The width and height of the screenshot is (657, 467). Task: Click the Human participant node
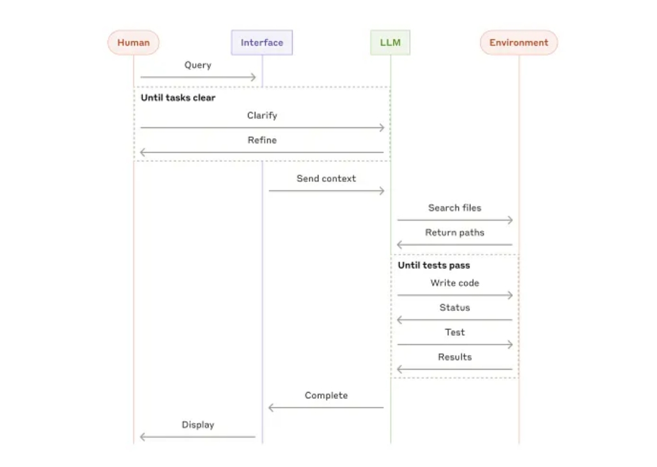[x=133, y=42]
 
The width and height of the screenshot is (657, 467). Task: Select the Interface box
[x=262, y=42]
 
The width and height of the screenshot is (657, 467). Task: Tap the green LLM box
[x=390, y=42]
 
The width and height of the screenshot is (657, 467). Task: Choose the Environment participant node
[x=519, y=42]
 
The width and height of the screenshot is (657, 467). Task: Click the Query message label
[x=198, y=66]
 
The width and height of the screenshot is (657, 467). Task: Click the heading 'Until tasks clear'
[x=178, y=97]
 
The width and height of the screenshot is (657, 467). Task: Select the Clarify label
[x=262, y=115]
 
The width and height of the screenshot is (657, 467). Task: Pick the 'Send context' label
[x=326, y=178]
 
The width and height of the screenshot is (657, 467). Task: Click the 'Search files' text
[x=454, y=208]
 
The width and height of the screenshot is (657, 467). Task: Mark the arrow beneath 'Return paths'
[x=454, y=245]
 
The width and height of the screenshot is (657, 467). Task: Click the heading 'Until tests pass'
[x=434, y=265]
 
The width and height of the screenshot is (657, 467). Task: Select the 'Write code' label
[x=454, y=283]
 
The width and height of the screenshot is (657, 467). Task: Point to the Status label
[x=454, y=308]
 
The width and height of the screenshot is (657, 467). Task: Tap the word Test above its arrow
[x=454, y=333]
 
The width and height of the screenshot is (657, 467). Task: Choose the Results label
[x=454, y=357]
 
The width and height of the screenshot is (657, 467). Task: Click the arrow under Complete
[x=326, y=408]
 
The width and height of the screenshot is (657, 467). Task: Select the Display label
[x=198, y=425]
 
